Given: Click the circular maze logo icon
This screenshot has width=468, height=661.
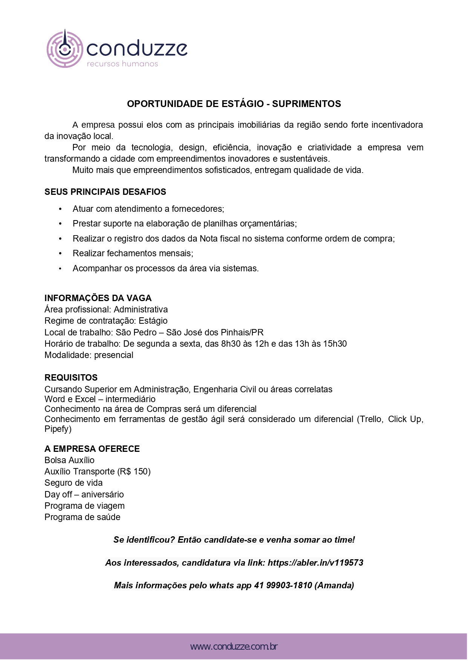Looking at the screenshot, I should (65, 49).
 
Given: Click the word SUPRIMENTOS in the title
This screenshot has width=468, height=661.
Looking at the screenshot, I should (306, 104).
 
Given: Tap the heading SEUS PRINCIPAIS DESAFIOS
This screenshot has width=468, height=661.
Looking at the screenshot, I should (105, 192).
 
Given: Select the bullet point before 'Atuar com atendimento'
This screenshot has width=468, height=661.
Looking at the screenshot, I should (60, 209).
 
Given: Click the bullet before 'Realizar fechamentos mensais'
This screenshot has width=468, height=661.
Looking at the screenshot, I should (60, 253).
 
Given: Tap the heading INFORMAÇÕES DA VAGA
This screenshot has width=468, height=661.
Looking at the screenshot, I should (98, 298).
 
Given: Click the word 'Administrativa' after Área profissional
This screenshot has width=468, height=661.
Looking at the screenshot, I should (141, 309).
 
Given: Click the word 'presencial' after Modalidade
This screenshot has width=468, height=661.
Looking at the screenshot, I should (113, 355).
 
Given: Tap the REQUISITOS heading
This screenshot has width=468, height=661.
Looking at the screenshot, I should (71, 378).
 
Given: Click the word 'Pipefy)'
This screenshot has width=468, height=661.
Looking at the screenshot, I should (58, 429).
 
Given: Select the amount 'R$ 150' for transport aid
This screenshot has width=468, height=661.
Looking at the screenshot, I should (134, 471).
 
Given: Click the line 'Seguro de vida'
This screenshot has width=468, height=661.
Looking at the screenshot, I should (73, 483).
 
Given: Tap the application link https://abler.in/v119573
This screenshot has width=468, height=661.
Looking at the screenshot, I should (315, 563).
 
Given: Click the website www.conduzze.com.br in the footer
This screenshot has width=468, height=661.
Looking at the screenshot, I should (234, 647).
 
